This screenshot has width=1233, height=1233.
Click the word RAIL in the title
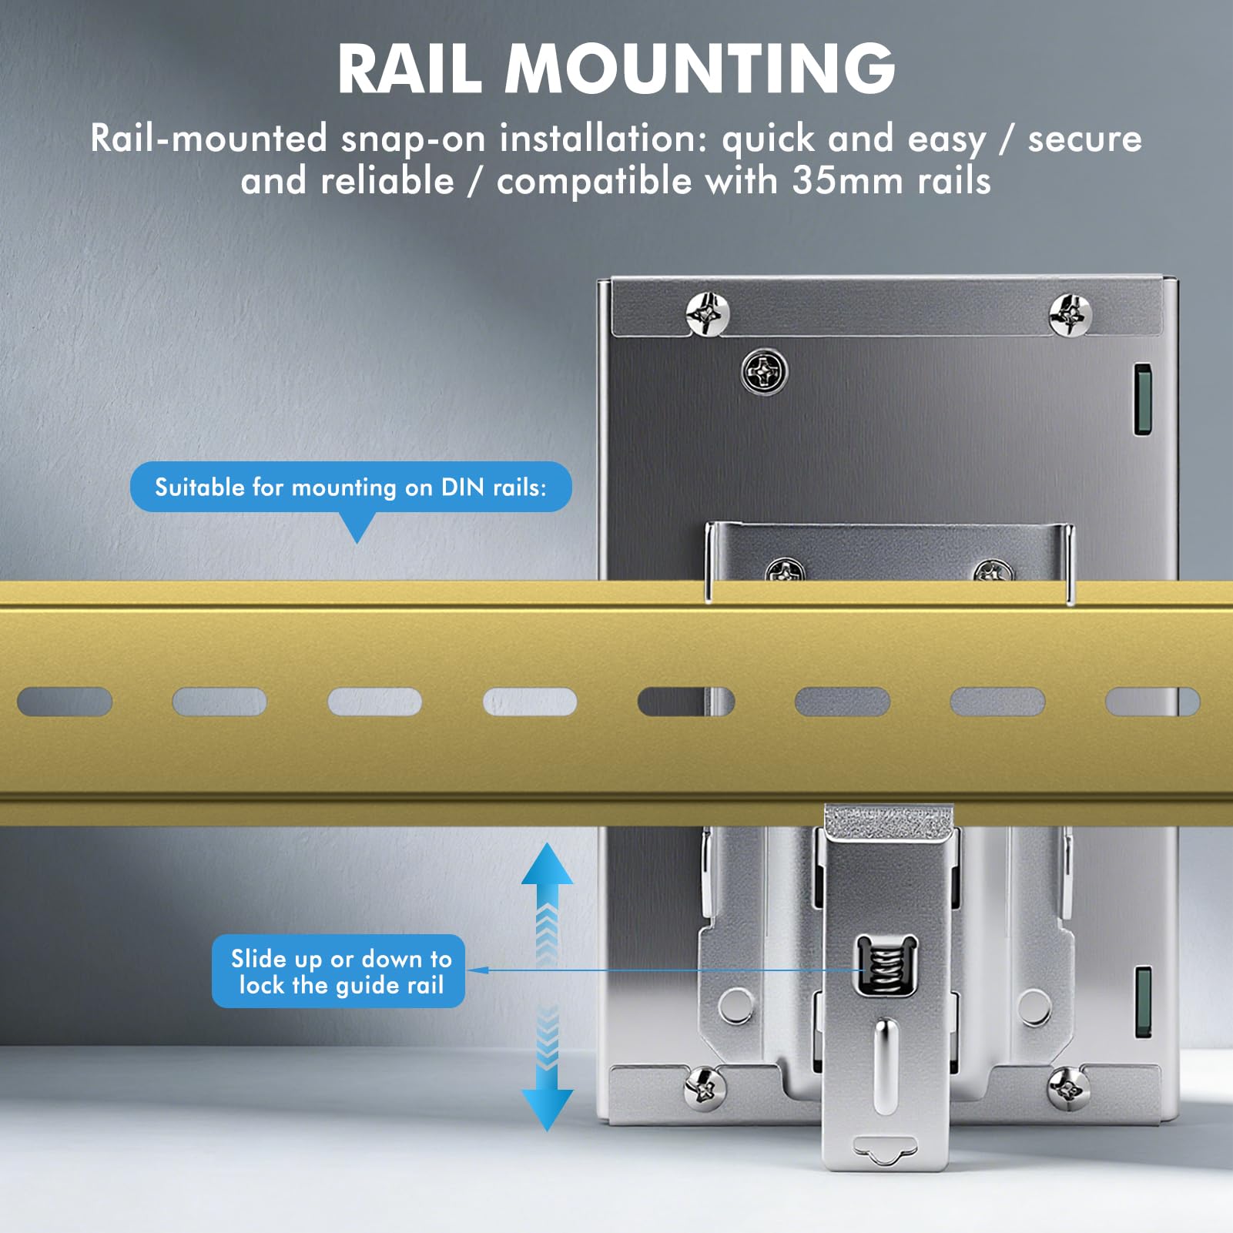pos(410,69)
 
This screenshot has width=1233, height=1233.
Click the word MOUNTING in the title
pos(700,69)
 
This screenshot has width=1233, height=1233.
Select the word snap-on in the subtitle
pos(413,140)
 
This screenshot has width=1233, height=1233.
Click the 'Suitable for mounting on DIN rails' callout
pos(350,487)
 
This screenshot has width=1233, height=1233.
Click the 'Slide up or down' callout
pos(338,971)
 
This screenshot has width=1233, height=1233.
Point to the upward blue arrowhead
pos(547,863)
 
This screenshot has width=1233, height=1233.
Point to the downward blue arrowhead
pos(547,1110)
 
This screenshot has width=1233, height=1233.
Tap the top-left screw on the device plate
pos(707,313)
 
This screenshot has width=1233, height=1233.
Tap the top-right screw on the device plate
pos(1070,314)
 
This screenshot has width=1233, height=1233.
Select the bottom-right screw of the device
pos(1069,1087)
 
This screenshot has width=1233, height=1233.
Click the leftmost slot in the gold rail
pos(65,702)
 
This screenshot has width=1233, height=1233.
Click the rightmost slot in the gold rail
pos(1152,702)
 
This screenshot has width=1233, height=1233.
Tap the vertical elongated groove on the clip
pos(886,1067)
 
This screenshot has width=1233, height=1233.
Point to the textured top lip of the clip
pos(889,823)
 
